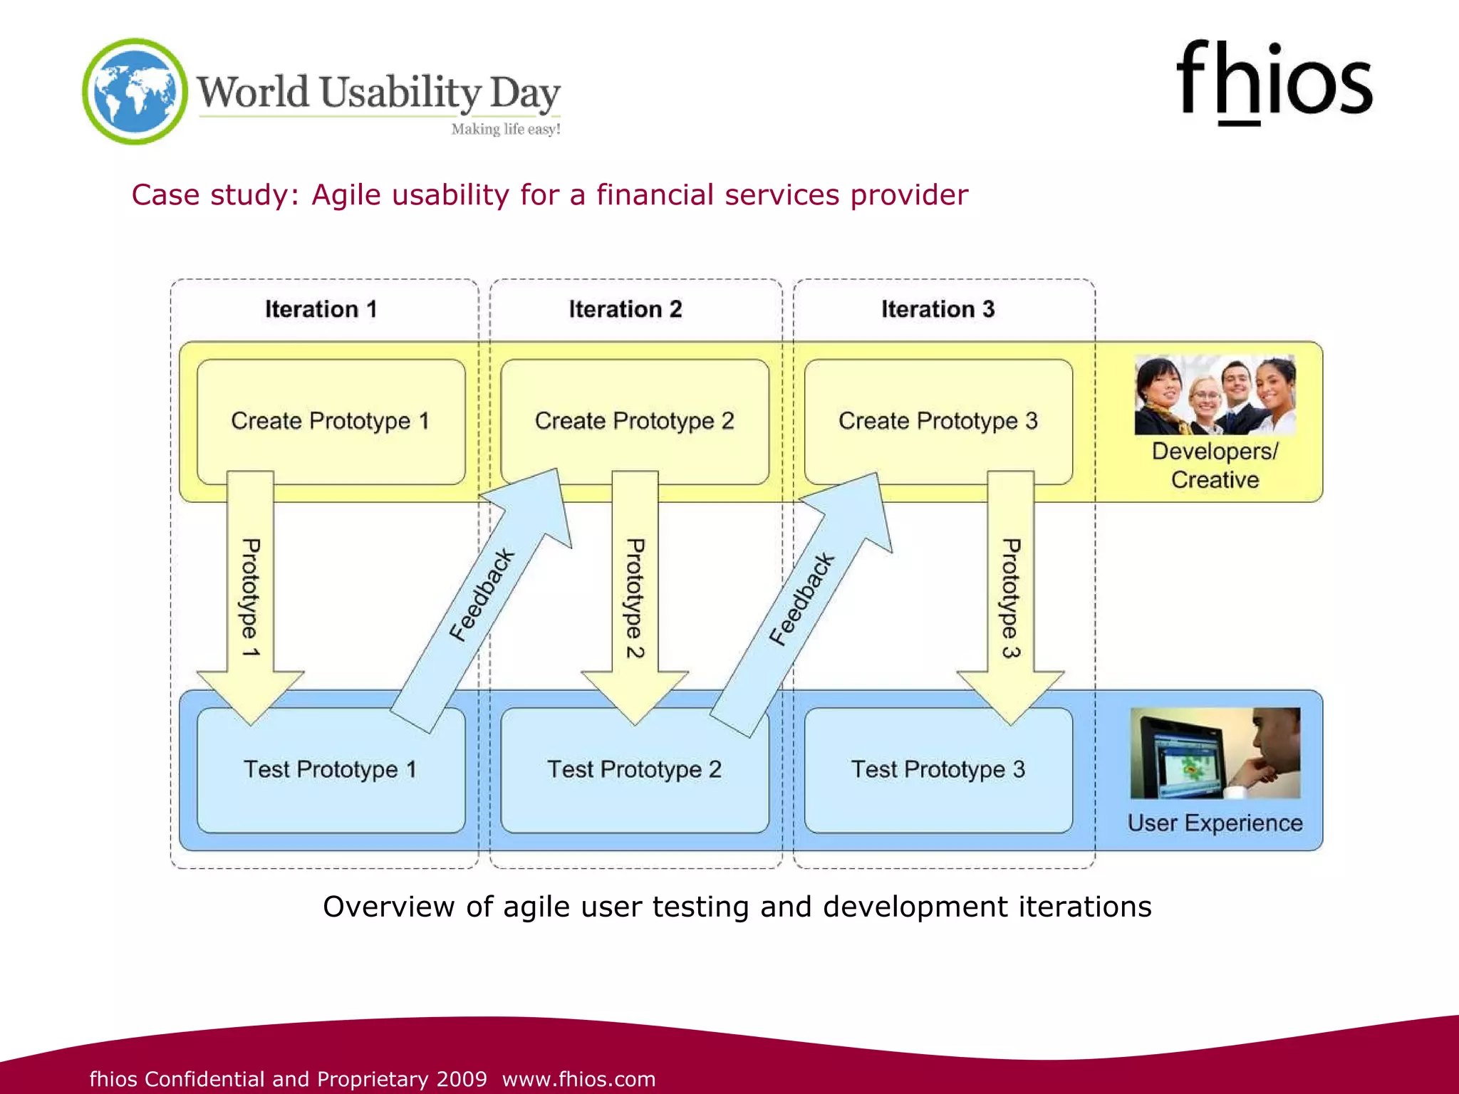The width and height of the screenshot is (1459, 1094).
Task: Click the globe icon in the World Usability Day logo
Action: point(135,91)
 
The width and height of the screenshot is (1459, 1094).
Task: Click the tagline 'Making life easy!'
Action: point(506,129)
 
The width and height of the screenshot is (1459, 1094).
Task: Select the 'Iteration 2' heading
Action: point(625,309)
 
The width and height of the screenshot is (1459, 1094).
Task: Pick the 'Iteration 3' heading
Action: point(938,309)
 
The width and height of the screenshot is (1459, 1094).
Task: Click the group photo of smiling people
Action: point(1215,395)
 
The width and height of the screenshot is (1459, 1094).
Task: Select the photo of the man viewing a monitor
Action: point(1215,753)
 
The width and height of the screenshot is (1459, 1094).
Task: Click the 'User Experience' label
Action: point(1215,823)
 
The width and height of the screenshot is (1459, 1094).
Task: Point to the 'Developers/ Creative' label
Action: point(1215,465)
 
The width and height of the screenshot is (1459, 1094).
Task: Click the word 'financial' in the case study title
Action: point(654,194)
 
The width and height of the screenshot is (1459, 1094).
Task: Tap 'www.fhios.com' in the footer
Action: point(578,1079)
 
